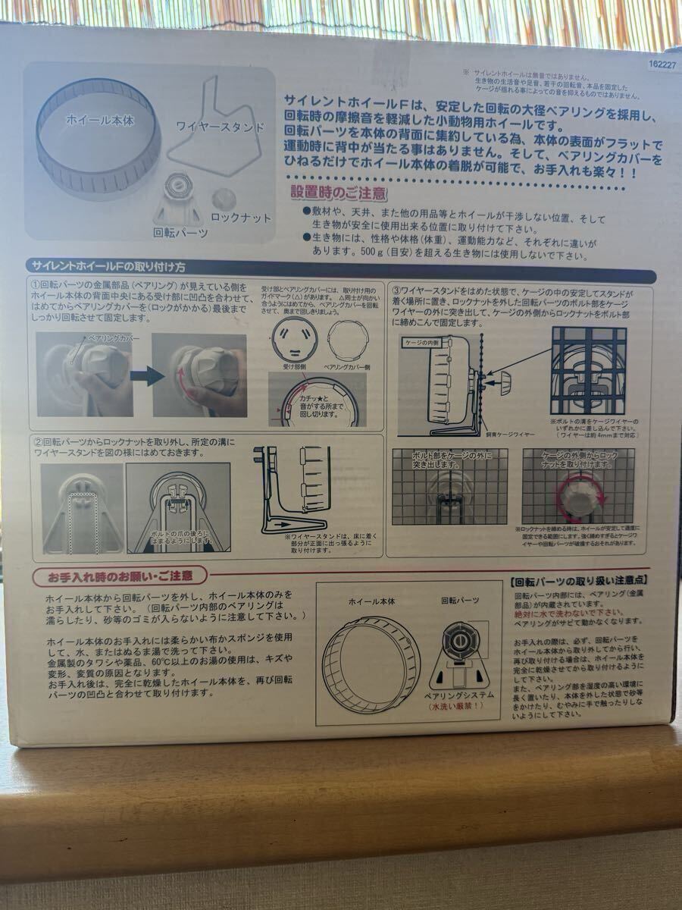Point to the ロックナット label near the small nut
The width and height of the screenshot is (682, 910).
point(240,218)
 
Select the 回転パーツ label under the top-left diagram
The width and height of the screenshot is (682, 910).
point(180,233)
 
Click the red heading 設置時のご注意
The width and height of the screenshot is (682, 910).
point(338,194)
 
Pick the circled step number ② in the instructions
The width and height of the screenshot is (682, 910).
point(38,441)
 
